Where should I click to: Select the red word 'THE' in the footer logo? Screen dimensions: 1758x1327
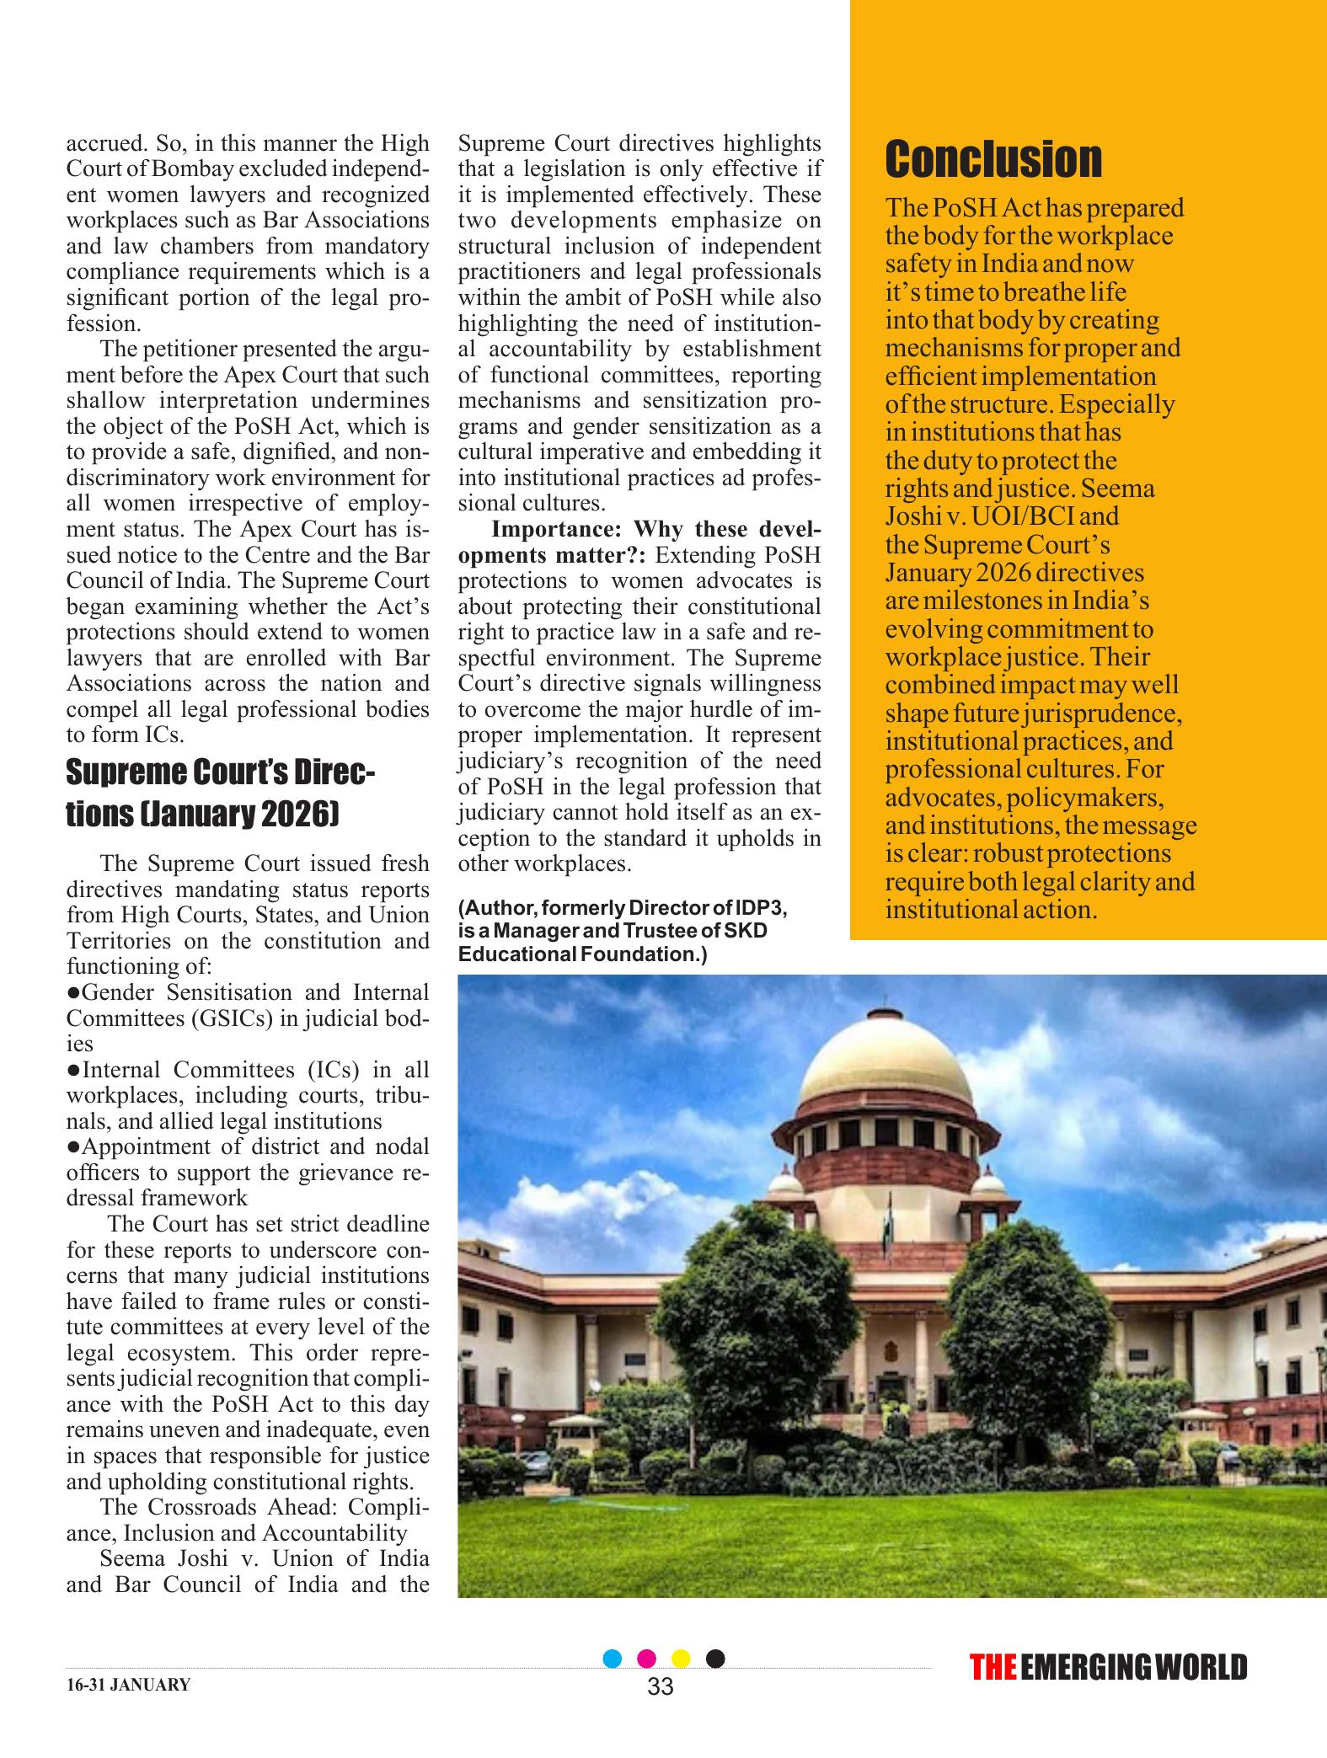993,1667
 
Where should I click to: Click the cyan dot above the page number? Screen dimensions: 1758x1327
613,1658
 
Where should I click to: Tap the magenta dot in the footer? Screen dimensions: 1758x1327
647,1658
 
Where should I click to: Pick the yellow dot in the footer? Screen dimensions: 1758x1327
681,1658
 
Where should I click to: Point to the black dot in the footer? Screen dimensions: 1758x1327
714,1658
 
